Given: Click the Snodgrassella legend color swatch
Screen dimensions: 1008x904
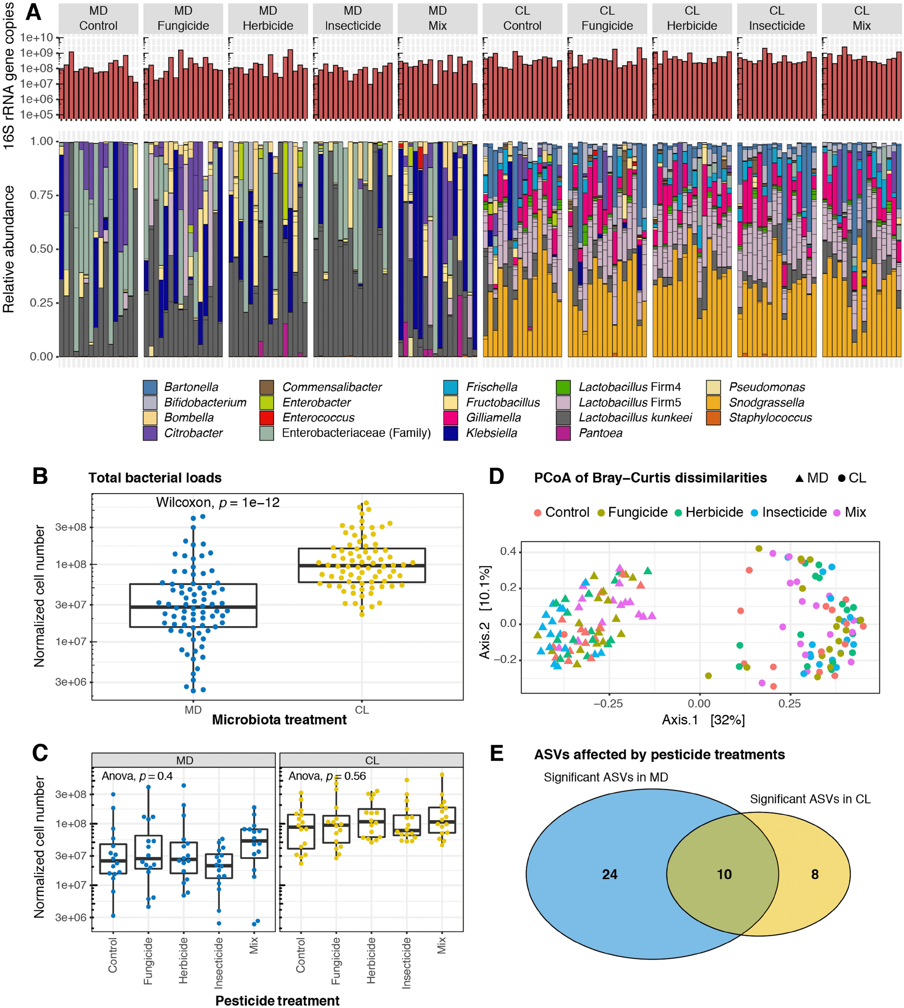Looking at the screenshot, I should coord(713,402).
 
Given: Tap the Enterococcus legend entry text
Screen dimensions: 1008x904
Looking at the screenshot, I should coord(318,418).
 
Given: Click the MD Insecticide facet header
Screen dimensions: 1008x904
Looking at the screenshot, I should coord(353,18).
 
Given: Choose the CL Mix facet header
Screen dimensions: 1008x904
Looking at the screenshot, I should coord(861,18).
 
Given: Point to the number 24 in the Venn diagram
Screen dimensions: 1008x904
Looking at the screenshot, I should coord(610,874).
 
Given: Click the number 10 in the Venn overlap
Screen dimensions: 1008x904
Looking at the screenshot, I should coord(724,874).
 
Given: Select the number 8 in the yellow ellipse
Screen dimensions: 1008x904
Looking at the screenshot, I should coord(815,874).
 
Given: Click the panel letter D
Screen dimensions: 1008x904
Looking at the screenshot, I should coord(496,476).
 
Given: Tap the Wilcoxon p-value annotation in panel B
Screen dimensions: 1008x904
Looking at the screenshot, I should coord(217,502).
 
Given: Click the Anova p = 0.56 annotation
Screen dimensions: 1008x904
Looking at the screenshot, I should coord(327,776).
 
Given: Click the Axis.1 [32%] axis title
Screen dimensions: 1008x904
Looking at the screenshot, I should coord(703,720).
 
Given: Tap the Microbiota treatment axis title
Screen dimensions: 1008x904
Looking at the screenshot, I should coord(279,720).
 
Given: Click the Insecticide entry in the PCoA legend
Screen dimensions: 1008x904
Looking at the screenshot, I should coord(794,512).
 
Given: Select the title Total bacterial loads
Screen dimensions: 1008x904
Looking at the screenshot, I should coord(155,478).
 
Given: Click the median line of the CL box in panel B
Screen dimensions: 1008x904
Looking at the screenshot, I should coord(362,566).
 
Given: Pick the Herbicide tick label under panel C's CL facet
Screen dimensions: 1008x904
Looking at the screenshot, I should coord(371,960).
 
